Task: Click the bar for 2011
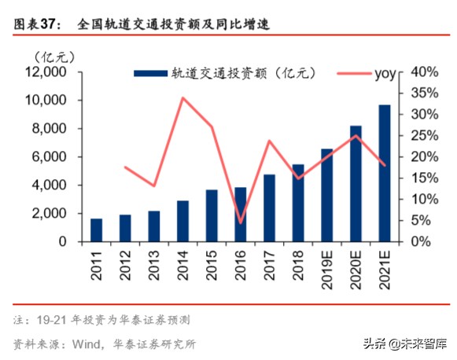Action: [x=96, y=230]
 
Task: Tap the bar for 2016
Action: [x=240, y=214]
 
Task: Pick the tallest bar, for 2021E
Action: [x=385, y=173]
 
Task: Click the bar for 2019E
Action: [x=326, y=195]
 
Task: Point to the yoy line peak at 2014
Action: [x=182, y=98]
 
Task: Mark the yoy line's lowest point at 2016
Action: [x=240, y=223]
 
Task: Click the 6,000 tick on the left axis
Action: [x=50, y=157]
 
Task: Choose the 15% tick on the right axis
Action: [x=417, y=178]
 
